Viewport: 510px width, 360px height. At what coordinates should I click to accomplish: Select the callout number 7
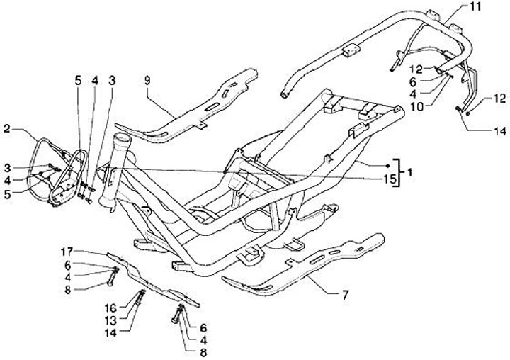[345, 293]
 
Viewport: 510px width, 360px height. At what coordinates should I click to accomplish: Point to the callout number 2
[6, 129]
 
